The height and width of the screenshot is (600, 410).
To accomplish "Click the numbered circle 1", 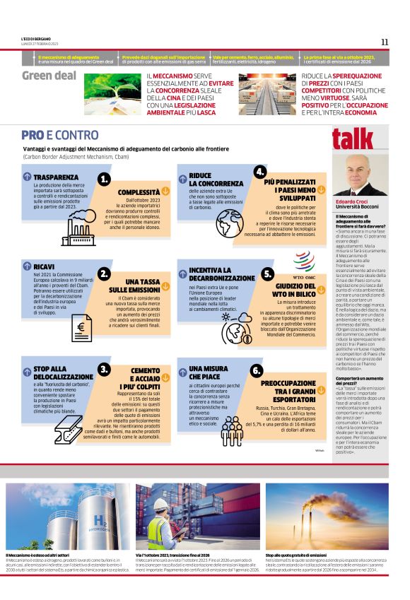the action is pyautogui.click(x=105, y=180).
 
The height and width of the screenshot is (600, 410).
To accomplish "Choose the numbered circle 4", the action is pyautogui.click(x=260, y=172).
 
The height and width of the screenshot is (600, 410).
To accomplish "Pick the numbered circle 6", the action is pyautogui.click(x=257, y=370).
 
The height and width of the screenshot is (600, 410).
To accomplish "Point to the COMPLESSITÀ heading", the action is pyautogui.click(x=138, y=192).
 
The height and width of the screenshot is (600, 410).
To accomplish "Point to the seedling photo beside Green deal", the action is pyautogui.click(x=113, y=94).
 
